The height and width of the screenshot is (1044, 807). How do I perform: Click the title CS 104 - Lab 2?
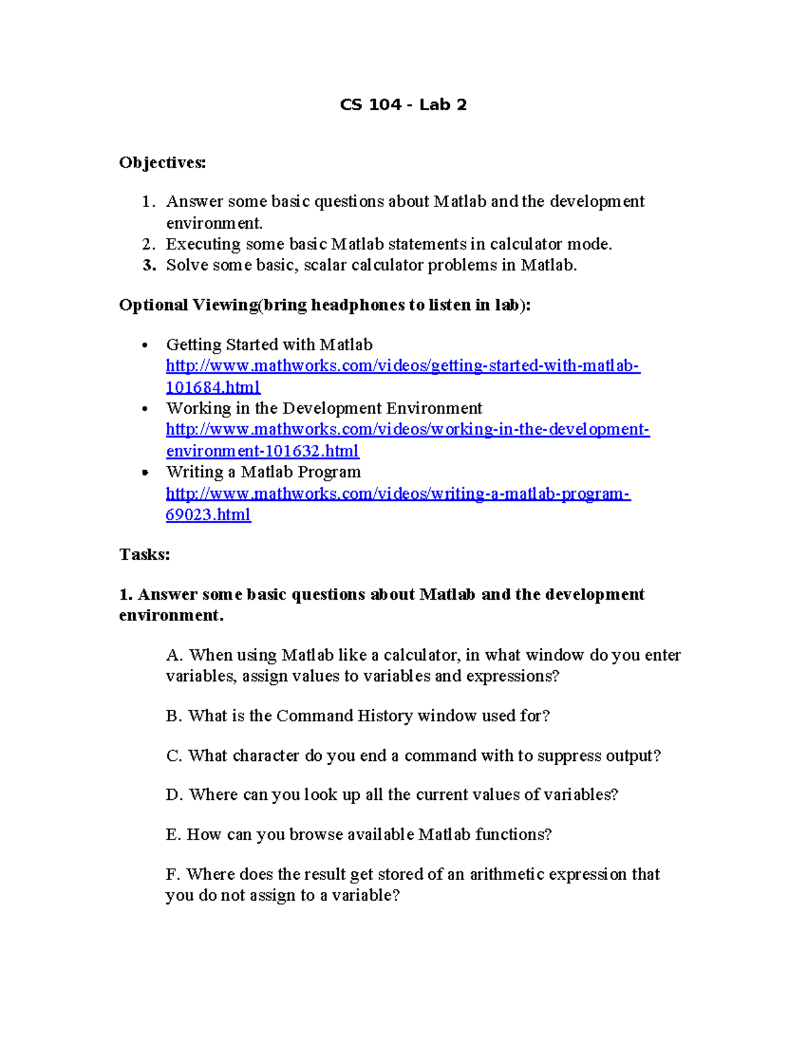point(403,105)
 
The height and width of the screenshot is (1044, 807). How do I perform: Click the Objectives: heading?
point(163,163)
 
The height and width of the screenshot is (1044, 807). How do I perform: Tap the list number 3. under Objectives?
point(149,266)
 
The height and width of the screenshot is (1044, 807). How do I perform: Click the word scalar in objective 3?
point(325,266)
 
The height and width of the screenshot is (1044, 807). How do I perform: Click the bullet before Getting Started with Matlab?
point(145,346)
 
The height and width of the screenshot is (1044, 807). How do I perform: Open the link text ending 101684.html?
point(213,387)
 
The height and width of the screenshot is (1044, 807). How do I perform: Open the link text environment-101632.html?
point(262,450)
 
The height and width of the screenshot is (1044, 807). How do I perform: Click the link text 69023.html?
point(208,515)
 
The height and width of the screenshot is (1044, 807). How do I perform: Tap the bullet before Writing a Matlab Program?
point(145,473)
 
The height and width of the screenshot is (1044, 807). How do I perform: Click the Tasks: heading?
point(145,555)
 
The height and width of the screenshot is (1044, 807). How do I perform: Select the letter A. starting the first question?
point(174,655)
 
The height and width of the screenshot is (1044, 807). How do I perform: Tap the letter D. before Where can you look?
point(174,795)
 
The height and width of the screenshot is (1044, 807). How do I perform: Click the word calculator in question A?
point(420,655)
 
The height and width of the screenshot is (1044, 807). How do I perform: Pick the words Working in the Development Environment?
point(324,409)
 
